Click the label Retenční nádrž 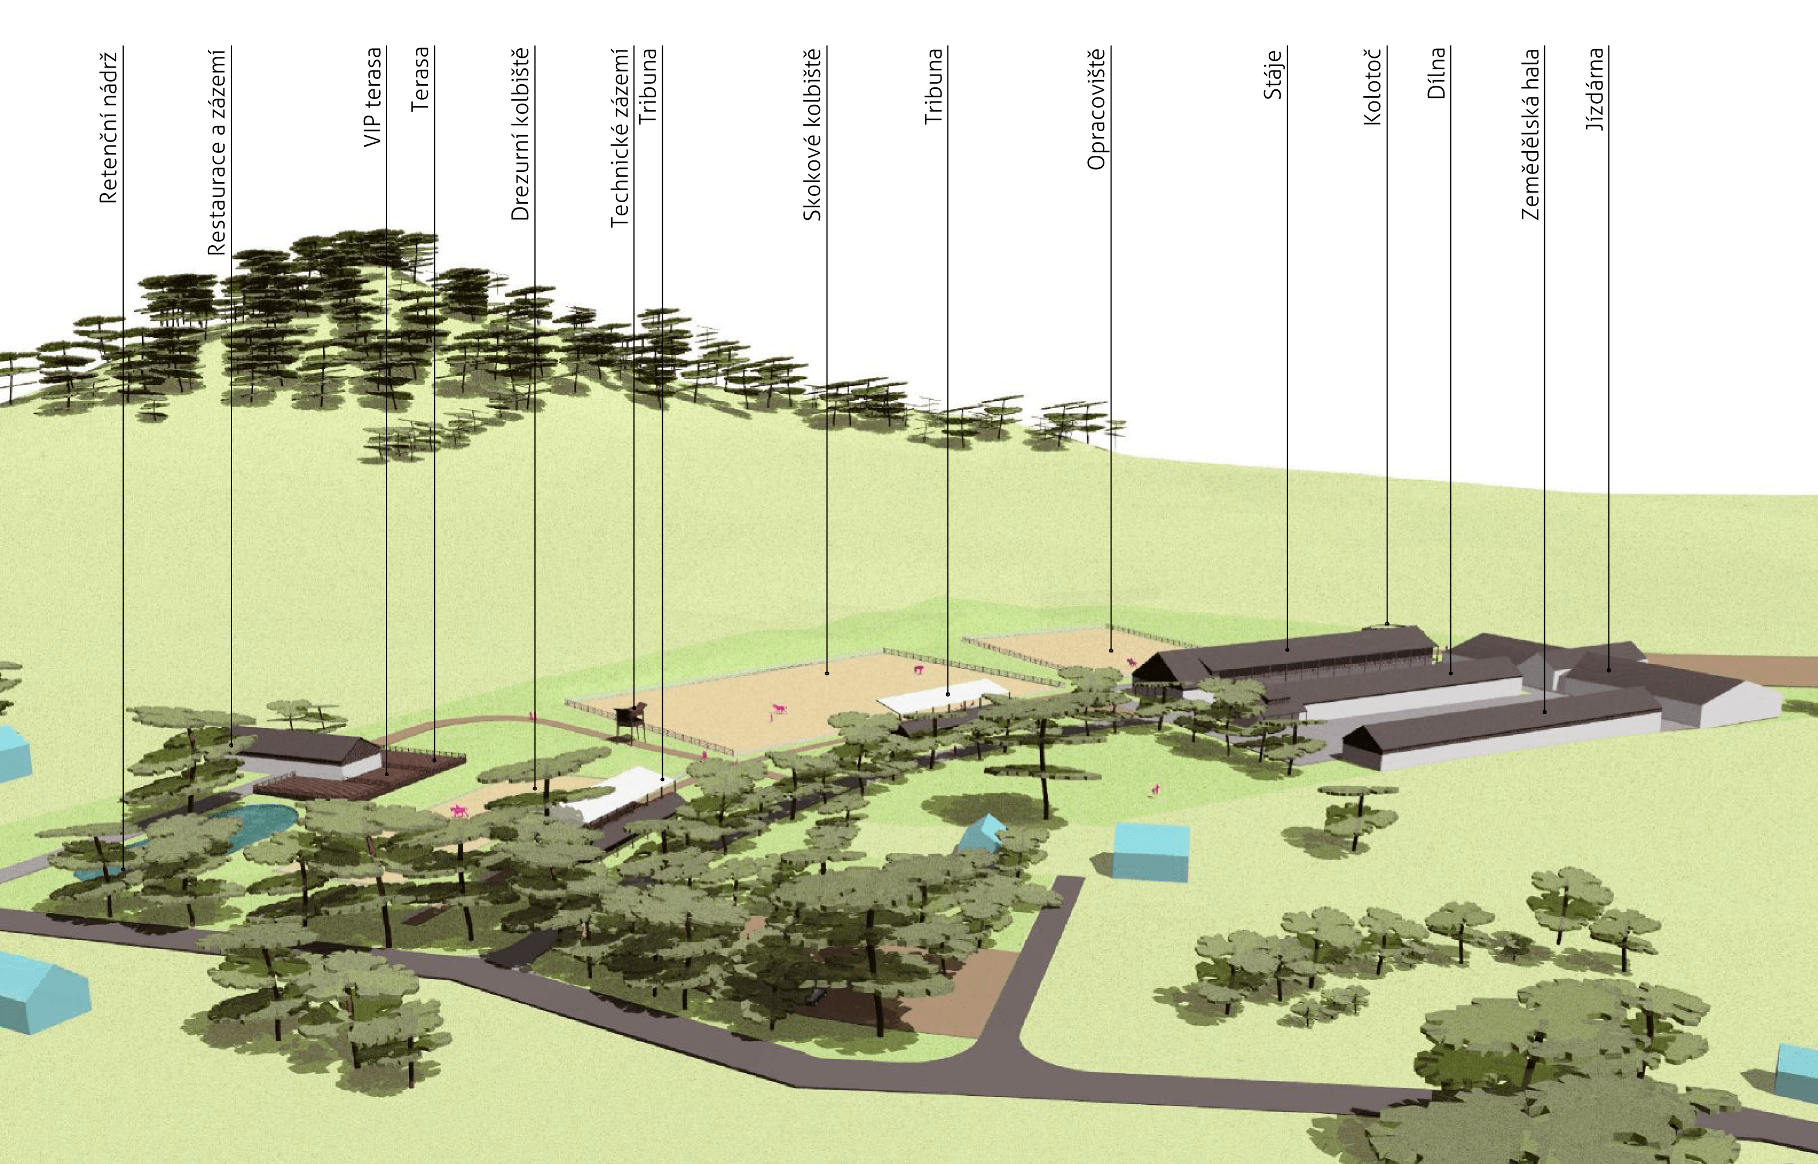pyautogui.click(x=109, y=127)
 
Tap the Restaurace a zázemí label pyautogui.click(x=217, y=151)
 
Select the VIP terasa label pyautogui.click(x=372, y=97)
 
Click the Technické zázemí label pyautogui.click(x=620, y=137)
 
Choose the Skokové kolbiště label pyautogui.click(x=812, y=135)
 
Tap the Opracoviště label pyautogui.click(x=1096, y=109)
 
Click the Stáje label pyautogui.click(x=1273, y=74)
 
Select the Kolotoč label pyautogui.click(x=1373, y=86)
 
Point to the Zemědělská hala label pyautogui.click(x=1530, y=134)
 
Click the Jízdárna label pyautogui.click(x=1595, y=89)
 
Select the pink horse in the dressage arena pyautogui.click(x=459, y=811)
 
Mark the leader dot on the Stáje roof pyautogui.click(x=1288, y=649)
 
